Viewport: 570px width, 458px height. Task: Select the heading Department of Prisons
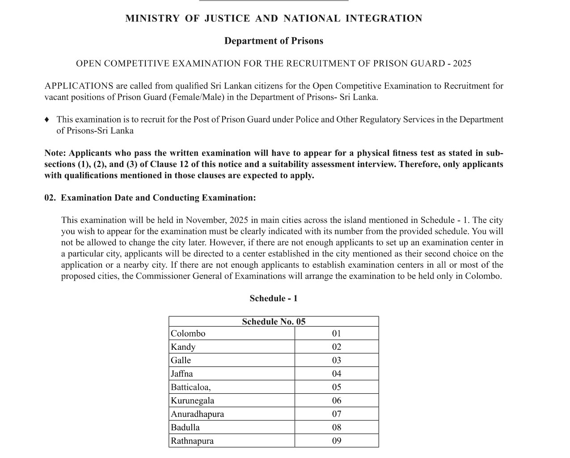274,41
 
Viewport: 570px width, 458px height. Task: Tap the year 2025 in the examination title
462,63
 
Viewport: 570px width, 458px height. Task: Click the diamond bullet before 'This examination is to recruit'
47,120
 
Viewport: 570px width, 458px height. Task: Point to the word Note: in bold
55,153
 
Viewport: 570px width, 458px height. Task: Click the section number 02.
50,198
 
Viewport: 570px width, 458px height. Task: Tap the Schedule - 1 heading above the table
274,298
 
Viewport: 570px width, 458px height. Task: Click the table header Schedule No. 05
274,322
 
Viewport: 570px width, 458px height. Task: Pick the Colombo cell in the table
188,334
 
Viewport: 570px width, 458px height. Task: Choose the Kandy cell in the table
183,347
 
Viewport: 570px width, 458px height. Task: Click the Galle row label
181,361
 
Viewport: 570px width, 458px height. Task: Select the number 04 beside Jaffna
337,374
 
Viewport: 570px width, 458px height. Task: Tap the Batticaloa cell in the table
191,387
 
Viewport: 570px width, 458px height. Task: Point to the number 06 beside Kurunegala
337,401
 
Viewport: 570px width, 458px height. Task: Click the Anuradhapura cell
198,414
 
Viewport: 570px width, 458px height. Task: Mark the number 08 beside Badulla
337,428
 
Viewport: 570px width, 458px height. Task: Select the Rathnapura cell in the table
192,441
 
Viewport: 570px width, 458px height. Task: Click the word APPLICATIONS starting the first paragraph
79,86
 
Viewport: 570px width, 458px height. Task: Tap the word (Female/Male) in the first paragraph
196,97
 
